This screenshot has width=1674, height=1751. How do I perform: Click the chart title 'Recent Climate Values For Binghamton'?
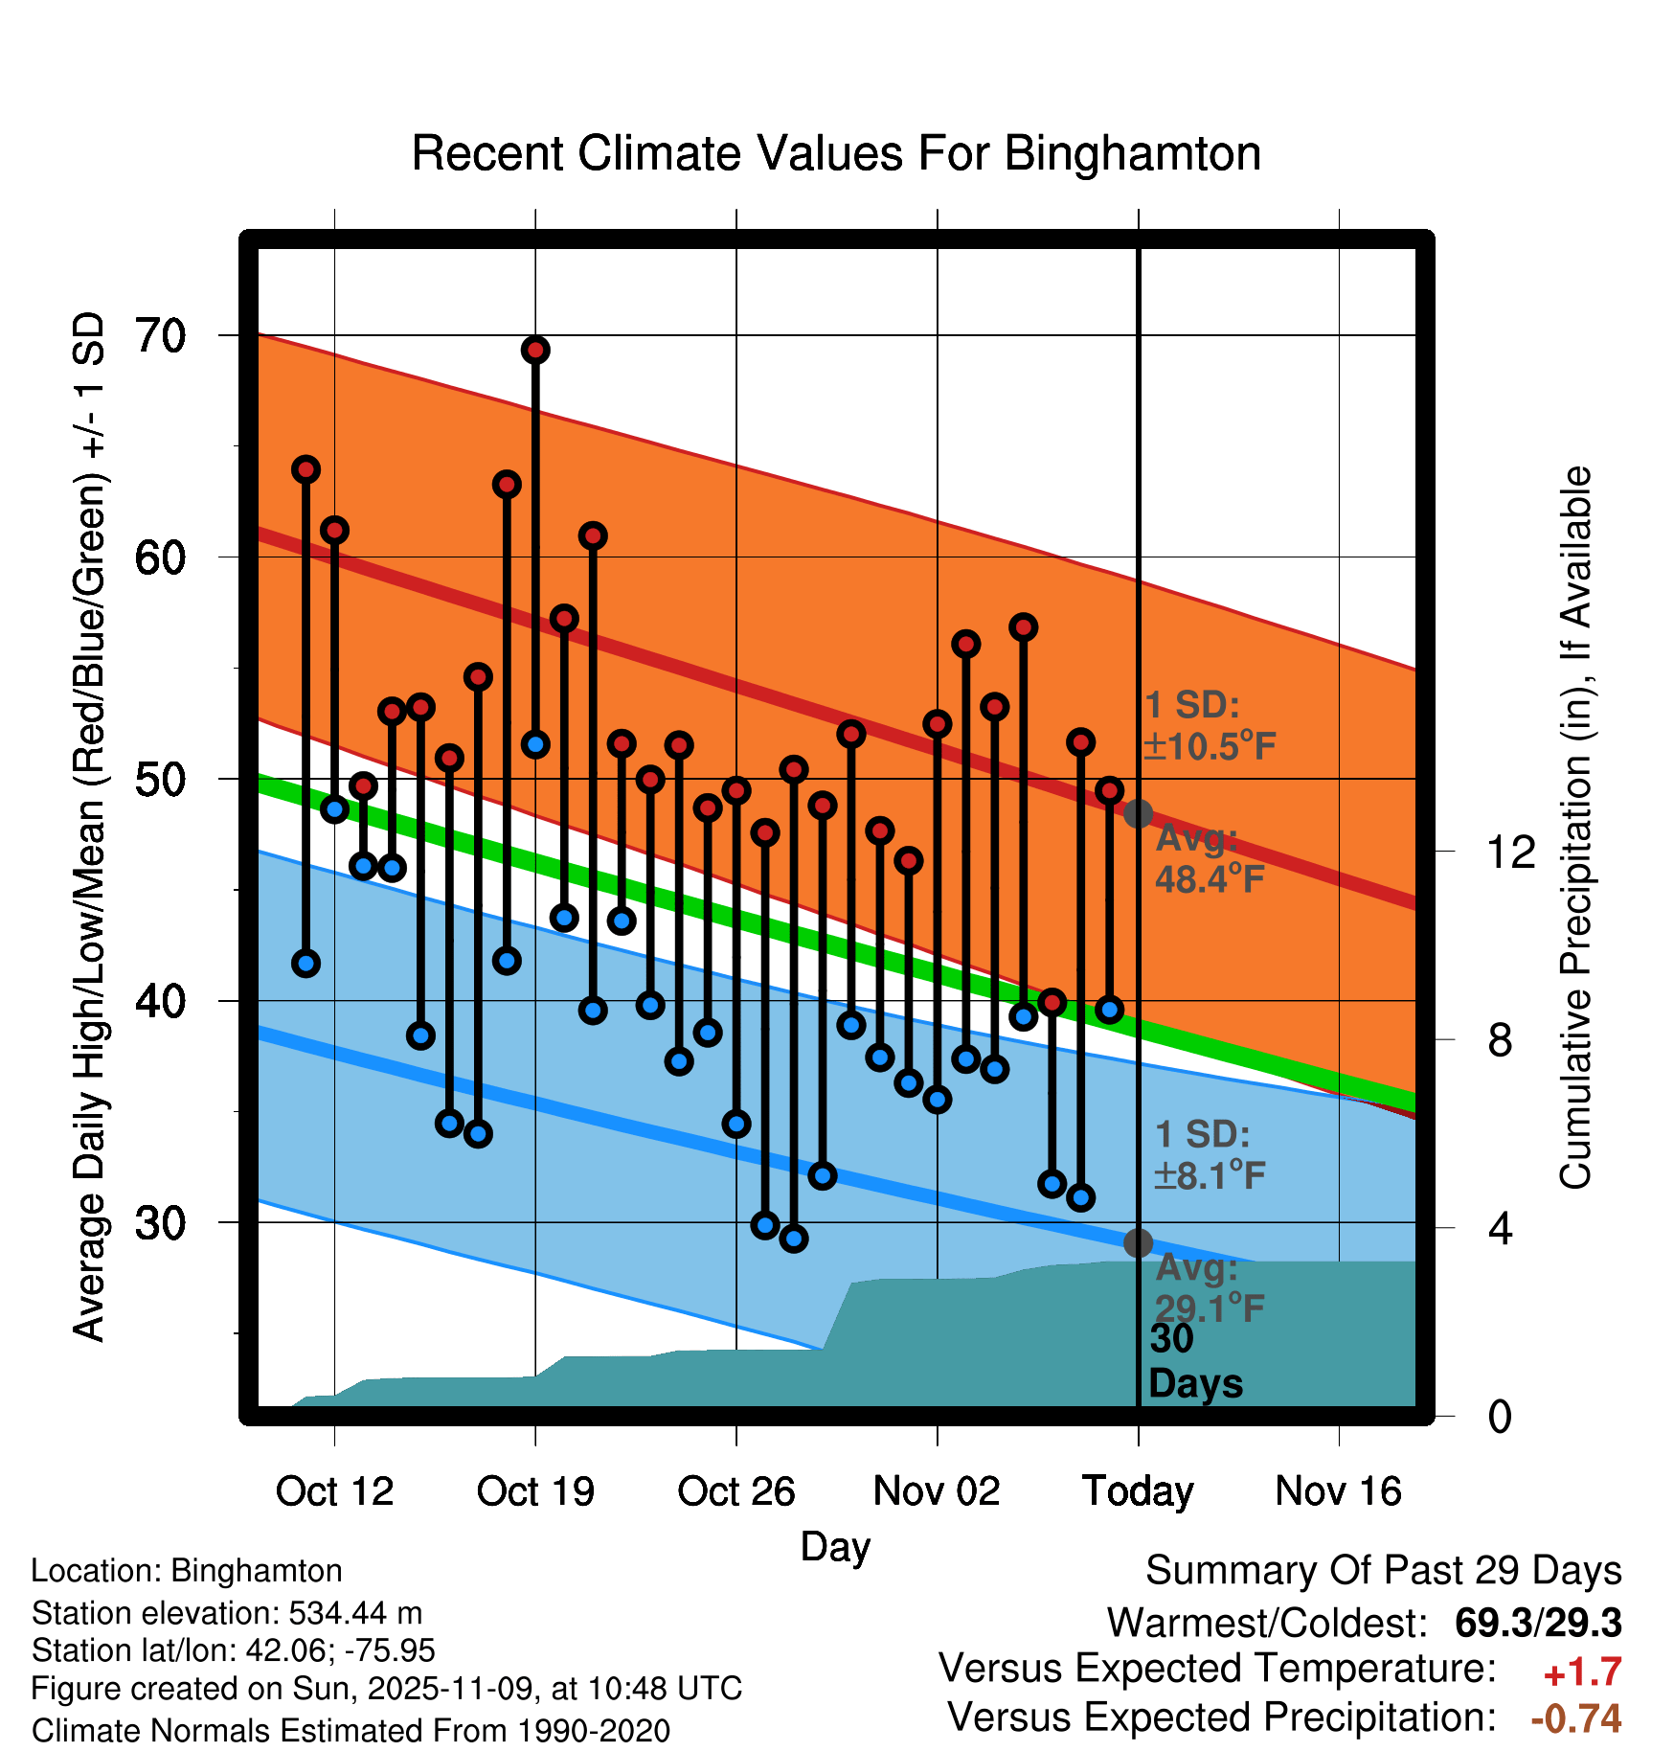tap(836, 153)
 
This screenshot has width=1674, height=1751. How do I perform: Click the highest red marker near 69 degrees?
tap(535, 351)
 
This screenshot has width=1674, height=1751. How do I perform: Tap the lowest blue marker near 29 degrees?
tap(794, 1239)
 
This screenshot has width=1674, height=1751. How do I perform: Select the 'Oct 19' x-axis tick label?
tap(535, 1490)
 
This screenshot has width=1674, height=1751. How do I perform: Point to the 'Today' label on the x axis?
tap(1138, 1490)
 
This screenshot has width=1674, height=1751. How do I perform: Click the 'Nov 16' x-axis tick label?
tap(1339, 1490)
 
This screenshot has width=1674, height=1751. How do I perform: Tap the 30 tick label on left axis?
tap(161, 1222)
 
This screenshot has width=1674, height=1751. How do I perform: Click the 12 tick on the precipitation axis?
tap(1511, 852)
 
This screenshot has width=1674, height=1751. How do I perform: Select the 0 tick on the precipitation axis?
tap(1500, 1416)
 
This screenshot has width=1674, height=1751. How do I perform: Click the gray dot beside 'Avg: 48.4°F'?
tap(1138, 814)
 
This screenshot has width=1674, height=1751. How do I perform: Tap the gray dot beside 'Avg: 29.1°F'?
tap(1138, 1242)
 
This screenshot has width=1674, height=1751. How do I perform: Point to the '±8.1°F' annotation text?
tap(1210, 1175)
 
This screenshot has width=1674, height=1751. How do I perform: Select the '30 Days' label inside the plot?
tap(1193, 1361)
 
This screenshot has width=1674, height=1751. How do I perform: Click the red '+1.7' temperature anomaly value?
tap(1582, 1672)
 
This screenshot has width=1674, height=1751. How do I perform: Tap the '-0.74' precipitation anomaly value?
tap(1576, 1718)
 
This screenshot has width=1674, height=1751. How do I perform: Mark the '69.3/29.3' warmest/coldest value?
tap(1538, 1623)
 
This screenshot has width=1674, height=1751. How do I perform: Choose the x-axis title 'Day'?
tap(835, 1546)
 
